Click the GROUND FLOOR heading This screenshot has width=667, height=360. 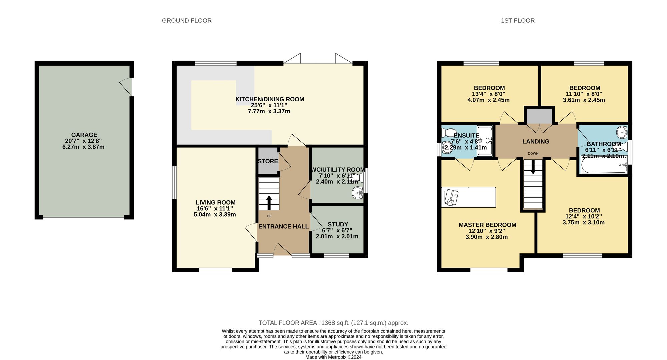pos(187,21)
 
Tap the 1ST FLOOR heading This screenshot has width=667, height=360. pos(518,21)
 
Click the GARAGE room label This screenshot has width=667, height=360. pos(84,135)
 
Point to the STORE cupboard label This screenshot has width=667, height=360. pos(268,161)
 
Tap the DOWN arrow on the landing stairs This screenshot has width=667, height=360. pos(533,167)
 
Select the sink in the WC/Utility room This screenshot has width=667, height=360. pos(358,193)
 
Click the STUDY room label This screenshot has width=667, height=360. pos(338,224)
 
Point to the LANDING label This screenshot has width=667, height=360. pos(536,142)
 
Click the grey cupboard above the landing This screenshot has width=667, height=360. pos(539,116)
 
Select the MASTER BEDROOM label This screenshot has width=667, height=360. pos(487,225)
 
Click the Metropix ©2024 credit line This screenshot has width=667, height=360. pos(333,357)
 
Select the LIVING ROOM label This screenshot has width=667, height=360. pos(215,202)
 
